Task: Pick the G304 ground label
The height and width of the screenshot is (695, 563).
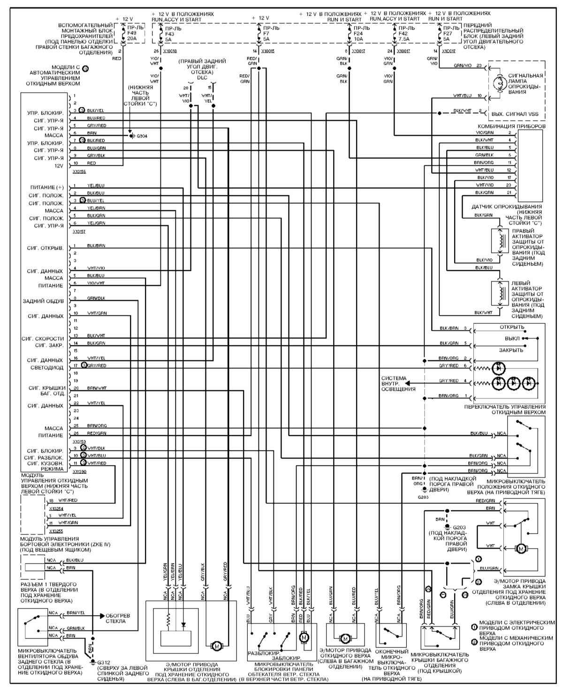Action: tap(141, 136)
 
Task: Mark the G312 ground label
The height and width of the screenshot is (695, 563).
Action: tap(103, 662)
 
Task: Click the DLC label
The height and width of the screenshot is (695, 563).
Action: tap(202, 78)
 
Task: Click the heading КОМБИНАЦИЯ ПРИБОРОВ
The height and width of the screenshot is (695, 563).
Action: tap(511, 127)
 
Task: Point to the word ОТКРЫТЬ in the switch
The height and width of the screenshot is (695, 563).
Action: tap(512, 327)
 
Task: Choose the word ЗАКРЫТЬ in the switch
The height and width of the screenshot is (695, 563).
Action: tap(511, 350)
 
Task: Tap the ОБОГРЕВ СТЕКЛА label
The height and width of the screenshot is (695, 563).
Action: tap(118, 618)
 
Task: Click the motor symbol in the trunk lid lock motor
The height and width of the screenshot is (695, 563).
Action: tap(519, 549)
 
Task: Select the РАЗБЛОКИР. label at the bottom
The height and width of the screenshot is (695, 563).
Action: tap(260, 653)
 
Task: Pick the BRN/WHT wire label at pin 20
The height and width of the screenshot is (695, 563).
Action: tap(97, 388)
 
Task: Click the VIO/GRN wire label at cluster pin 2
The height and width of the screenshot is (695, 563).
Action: tap(484, 133)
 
